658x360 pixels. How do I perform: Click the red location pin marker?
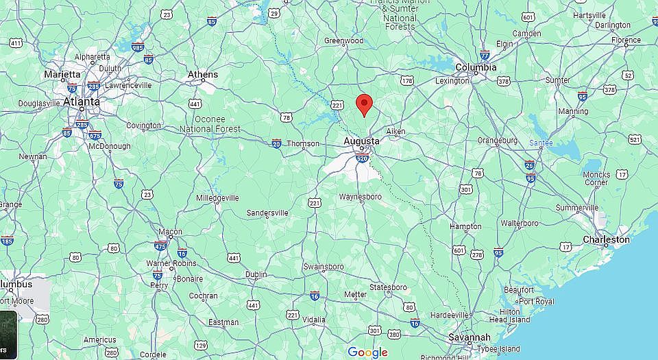[365, 104]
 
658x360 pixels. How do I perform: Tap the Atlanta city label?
[81, 101]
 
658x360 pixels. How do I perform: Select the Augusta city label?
[361, 141]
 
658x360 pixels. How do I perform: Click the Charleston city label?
[606, 239]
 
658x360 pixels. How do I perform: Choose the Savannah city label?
[470, 337]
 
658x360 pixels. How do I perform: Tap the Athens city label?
[203, 74]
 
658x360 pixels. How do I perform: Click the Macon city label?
[170, 232]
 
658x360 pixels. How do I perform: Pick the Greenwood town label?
[343, 40]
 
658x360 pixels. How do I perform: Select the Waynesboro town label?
[361, 197]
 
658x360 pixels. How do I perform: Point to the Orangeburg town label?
[497, 140]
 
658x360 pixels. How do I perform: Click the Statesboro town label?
[388, 287]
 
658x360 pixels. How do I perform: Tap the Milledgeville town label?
[217, 197]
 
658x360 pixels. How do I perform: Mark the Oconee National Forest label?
[210, 124]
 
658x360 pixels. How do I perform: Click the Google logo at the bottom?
[367, 352]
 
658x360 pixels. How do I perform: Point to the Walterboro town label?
[520, 224]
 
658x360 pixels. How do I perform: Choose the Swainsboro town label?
[325, 266]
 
